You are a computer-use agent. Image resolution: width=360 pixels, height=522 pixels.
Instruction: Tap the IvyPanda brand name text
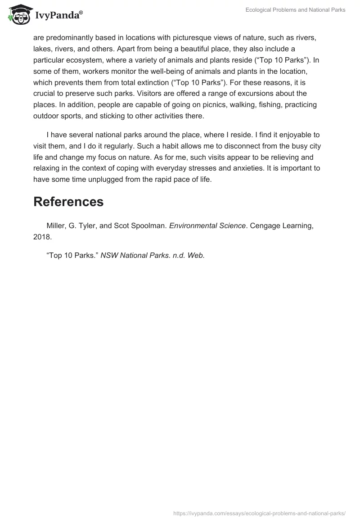coord(58,16)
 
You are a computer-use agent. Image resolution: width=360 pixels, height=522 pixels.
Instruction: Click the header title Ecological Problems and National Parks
coord(295,10)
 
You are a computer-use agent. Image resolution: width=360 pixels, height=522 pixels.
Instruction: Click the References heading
coord(68,202)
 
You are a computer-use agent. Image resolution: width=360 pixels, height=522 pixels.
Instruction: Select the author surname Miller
coord(57,226)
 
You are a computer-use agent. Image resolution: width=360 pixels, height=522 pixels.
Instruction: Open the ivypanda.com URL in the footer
coord(259,513)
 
